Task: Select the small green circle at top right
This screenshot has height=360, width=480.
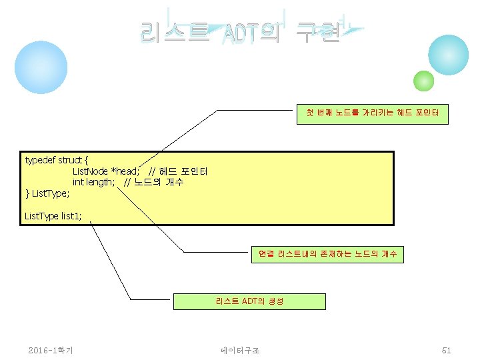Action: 423,81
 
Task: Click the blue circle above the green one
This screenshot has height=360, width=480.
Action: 448,55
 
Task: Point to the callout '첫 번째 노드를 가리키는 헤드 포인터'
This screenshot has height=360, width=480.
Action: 373,114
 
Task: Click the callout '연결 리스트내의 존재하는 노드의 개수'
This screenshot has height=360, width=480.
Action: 327,254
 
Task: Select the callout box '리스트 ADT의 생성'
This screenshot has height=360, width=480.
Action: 249,301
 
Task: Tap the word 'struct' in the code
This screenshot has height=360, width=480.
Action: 70,160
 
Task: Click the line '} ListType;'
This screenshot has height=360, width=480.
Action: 47,193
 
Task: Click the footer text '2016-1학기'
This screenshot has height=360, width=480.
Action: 51,350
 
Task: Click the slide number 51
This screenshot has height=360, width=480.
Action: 446,350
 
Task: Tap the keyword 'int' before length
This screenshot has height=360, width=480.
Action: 78,182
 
